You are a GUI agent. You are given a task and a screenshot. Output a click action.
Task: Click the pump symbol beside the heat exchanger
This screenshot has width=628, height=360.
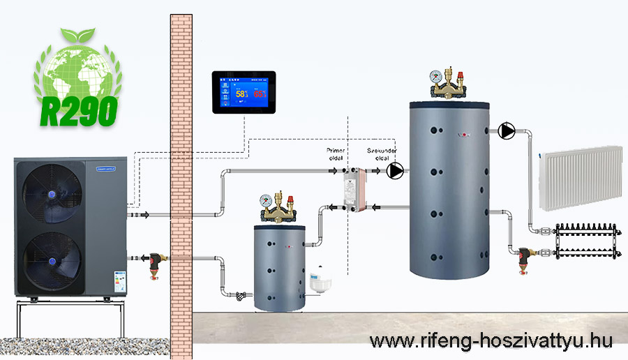pyautogui.click(x=396, y=170)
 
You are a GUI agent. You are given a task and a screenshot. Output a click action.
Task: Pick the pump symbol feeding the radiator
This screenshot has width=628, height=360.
pyautogui.click(x=508, y=130)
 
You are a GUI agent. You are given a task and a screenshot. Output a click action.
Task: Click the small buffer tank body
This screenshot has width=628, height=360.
pyautogui.click(x=279, y=269)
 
